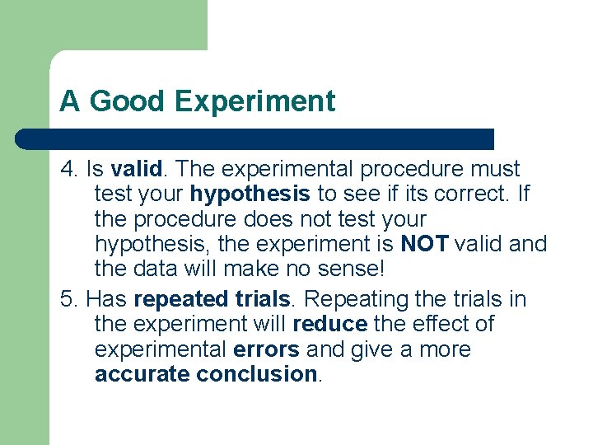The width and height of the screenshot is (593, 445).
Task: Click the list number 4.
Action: (68, 169)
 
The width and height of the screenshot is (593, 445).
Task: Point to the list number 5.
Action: (68, 298)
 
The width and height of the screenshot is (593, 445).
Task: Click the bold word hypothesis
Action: (250, 194)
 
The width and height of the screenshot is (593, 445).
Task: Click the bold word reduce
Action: (329, 324)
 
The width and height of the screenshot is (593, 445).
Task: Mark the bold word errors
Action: (266, 349)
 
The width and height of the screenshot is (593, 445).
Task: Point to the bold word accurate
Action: (142, 375)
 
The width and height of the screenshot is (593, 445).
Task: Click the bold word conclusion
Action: (257, 375)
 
